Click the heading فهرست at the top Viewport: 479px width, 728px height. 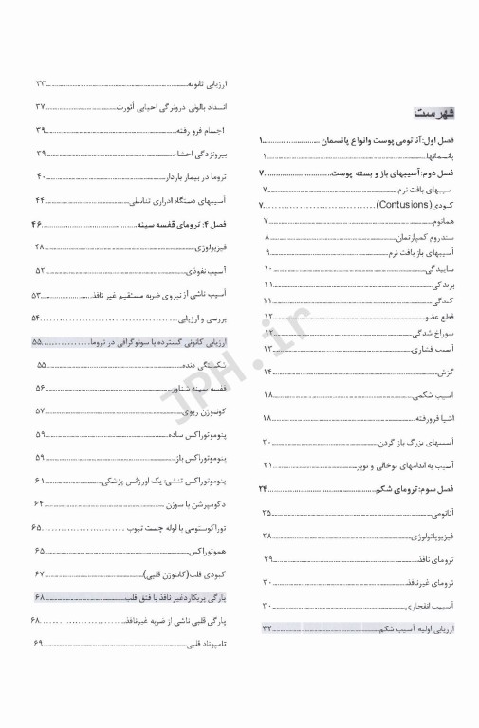(435, 113)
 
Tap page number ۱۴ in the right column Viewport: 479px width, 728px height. (268, 370)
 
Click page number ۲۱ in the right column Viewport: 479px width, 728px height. (268, 464)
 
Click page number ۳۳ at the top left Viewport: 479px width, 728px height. (41, 83)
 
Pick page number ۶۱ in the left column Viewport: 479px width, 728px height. (41, 482)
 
